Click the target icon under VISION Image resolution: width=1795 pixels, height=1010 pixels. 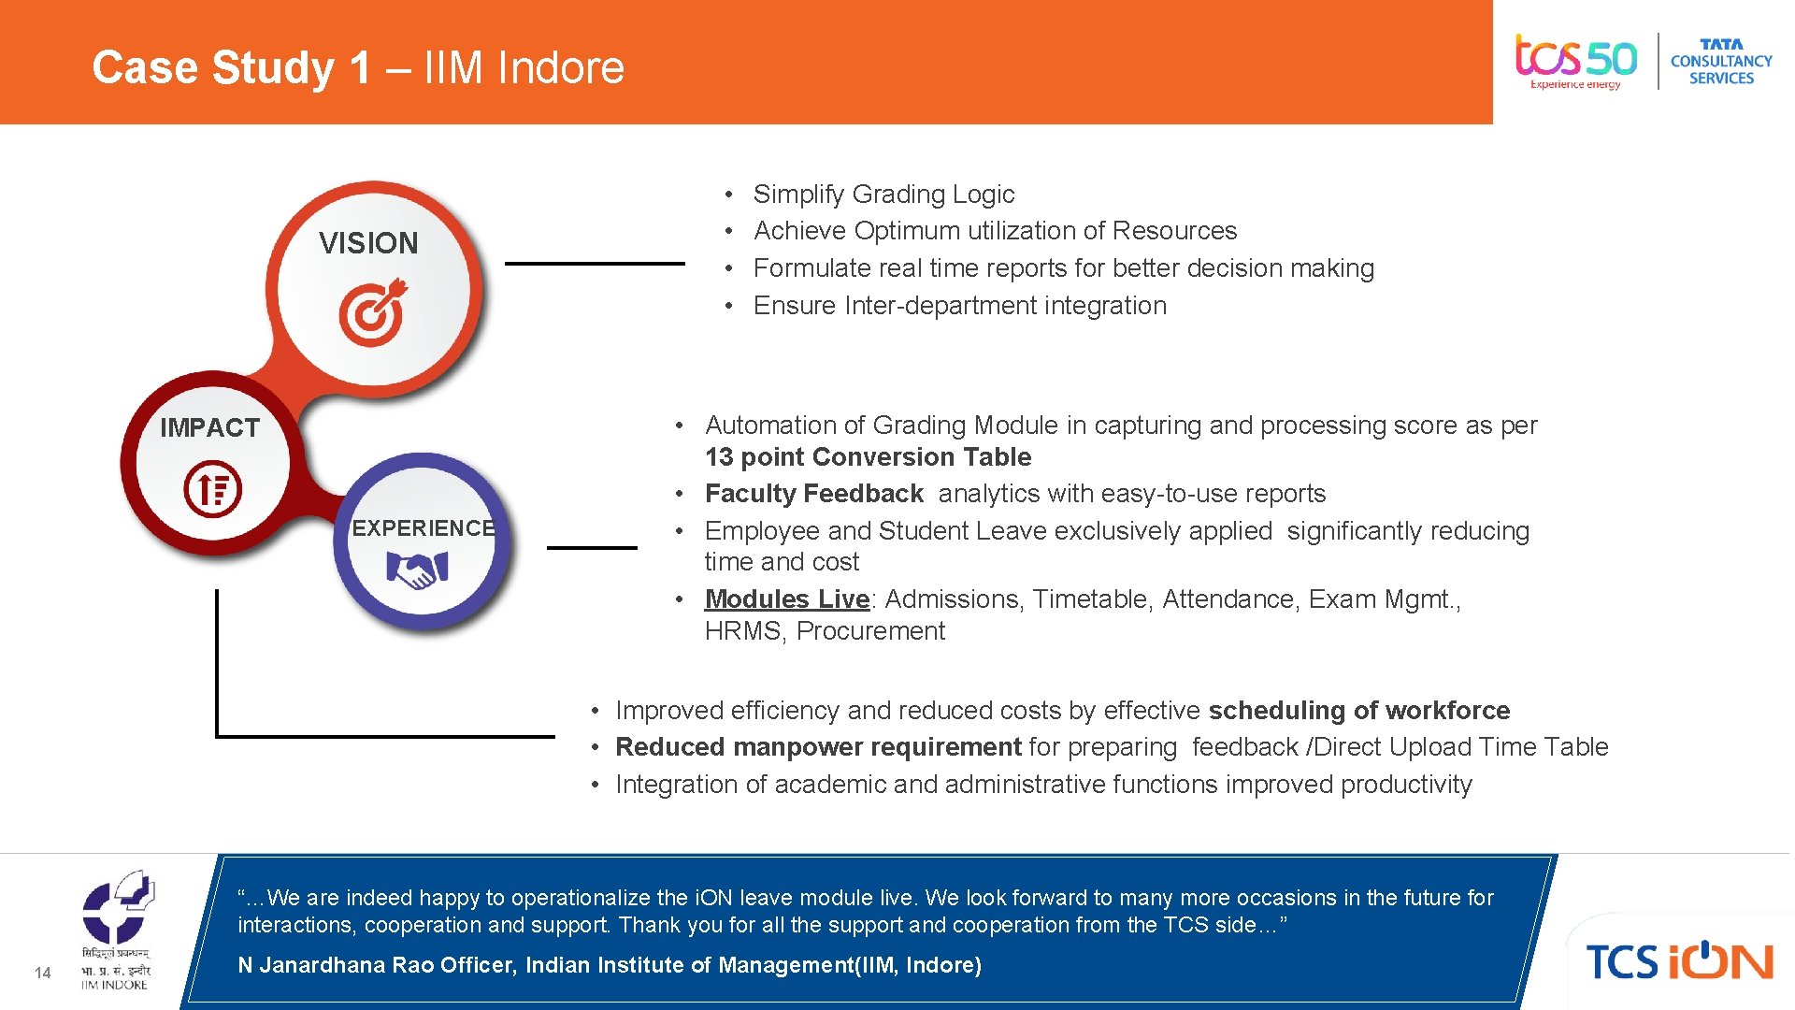pos(373,312)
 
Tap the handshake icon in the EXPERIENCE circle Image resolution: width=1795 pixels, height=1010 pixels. pos(417,570)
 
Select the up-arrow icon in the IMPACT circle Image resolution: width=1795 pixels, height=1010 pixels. pos(212,488)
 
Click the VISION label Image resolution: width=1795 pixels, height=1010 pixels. pos(368,243)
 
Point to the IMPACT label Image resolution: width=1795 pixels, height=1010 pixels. pos(209,427)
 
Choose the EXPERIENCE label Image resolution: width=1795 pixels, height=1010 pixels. pos(424,528)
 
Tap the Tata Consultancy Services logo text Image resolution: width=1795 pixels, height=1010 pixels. pos(1721,62)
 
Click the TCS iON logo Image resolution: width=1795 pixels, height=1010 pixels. pos(1679,961)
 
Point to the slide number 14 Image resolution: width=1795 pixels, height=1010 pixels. pos(42,973)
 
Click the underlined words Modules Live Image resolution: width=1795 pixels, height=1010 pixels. pos(786,599)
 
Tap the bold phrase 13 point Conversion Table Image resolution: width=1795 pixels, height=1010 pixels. pos(868,457)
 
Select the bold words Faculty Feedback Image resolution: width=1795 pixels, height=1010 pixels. pos(813,494)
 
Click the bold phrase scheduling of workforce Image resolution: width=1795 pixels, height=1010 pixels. pos(1358,711)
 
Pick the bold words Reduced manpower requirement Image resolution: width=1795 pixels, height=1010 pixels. pos(818,747)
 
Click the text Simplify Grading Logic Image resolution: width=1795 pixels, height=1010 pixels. pos(883,195)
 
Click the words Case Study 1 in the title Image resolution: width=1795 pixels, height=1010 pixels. pos(231,67)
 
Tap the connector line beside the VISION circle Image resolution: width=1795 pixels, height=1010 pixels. pos(595,264)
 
